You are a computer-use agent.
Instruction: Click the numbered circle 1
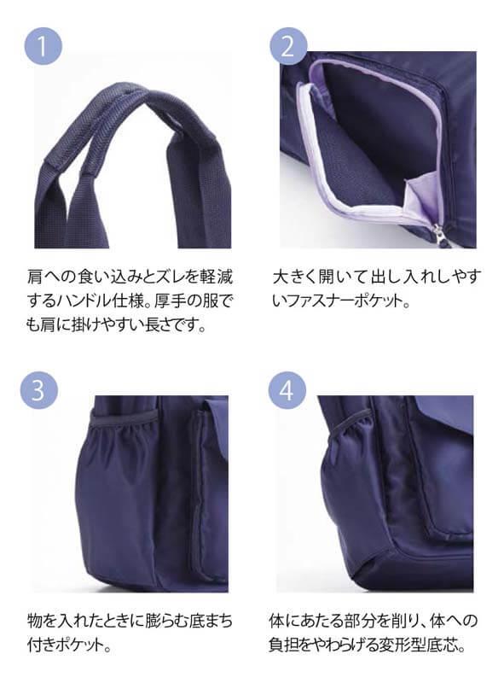[x=43, y=46]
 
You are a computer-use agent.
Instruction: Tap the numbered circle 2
[x=288, y=46]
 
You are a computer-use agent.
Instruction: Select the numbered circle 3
[x=38, y=389]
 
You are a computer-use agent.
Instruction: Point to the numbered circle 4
[x=287, y=389]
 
